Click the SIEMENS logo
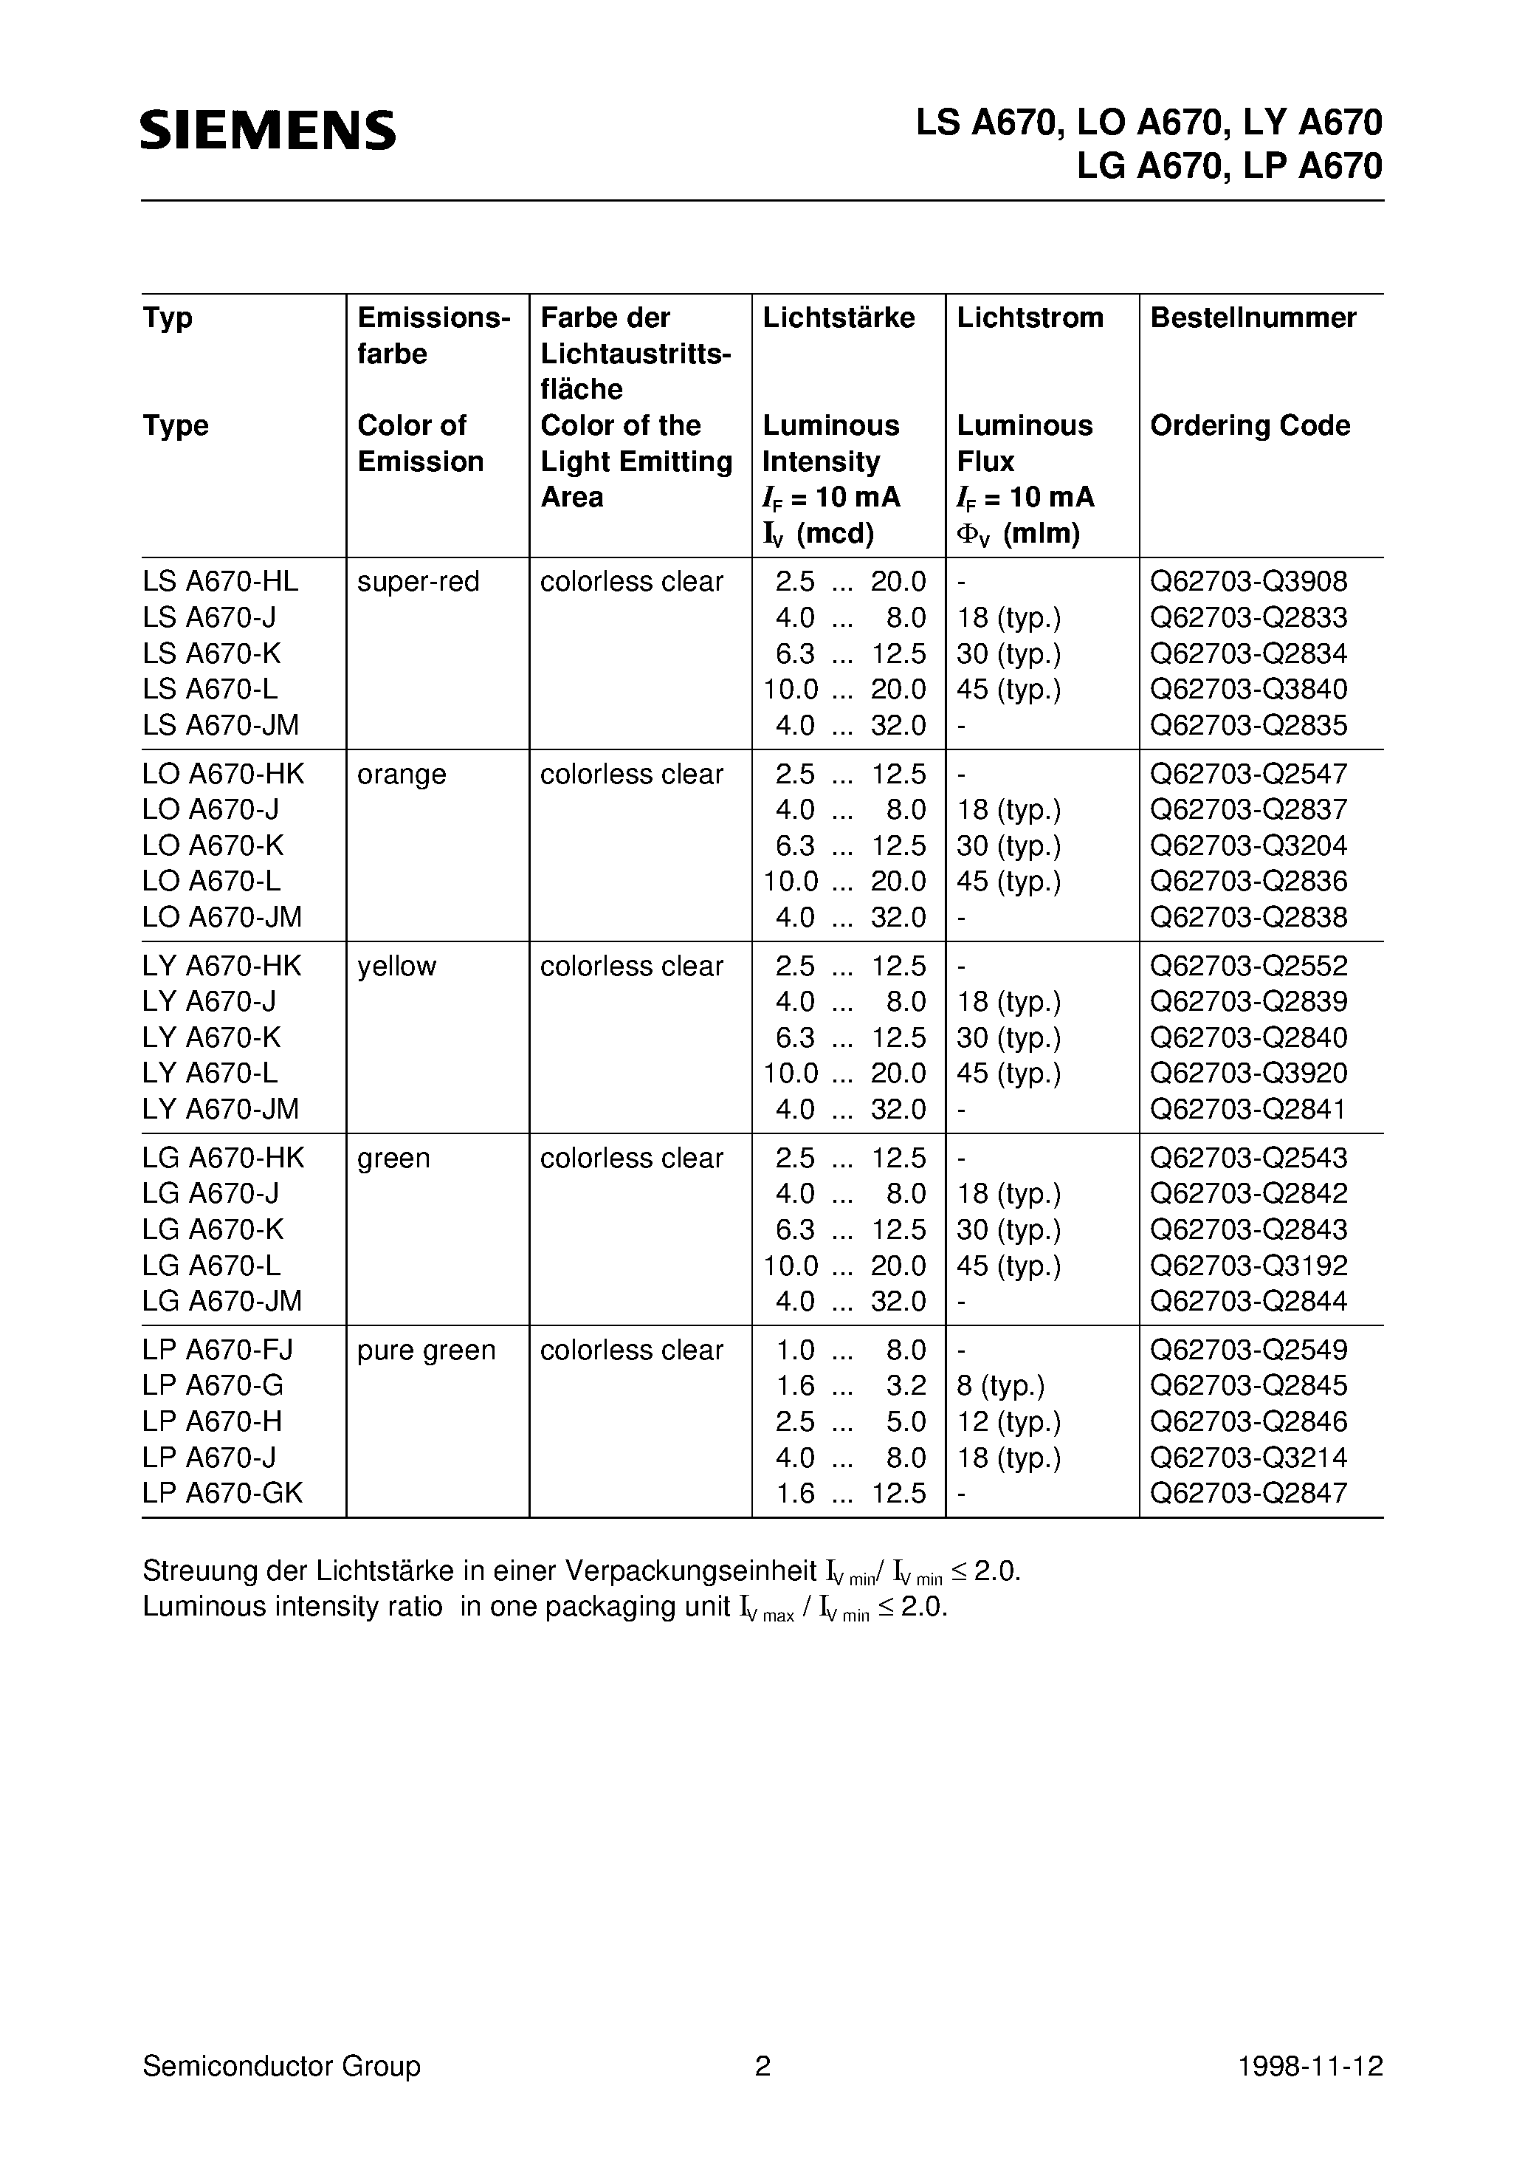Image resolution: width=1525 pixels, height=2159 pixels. [268, 130]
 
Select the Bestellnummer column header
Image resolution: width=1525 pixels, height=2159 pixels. [1253, 317]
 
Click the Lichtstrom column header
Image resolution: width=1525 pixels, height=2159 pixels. [1030, 317]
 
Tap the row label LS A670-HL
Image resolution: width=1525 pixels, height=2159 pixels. [220, 582]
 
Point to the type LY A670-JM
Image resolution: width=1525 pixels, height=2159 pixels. [220, 1110]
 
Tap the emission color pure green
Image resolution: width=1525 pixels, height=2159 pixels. [425, 1351]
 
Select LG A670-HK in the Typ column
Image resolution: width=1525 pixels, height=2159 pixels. [223, 1159]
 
